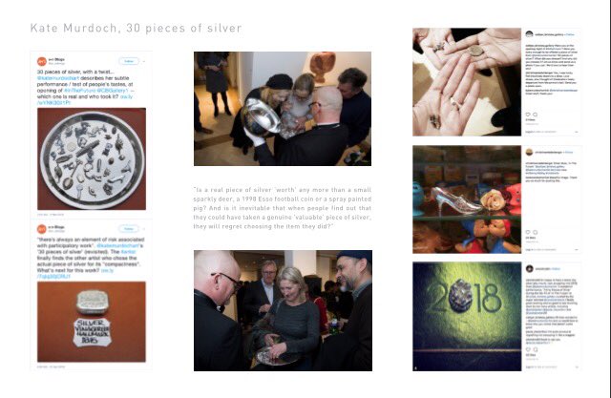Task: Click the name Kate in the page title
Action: [x=45, y=29]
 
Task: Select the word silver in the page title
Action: [x=221, y=29]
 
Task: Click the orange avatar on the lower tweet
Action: [x=44, y=230]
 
